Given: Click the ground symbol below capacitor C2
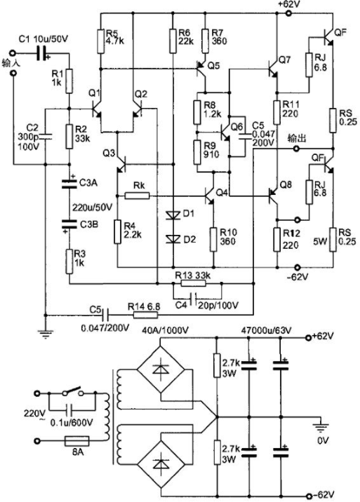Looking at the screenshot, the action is click(x=45, y=334).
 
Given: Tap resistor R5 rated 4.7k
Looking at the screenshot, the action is click(x=101, y=41).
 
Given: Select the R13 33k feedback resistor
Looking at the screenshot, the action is click(x=193, y=283).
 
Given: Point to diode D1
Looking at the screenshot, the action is click(x=173, y=215).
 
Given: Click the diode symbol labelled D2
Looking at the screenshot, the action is click(x=173, y=239).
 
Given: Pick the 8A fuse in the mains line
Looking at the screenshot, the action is click(x=77, y=441).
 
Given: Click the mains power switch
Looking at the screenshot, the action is click(x=73, y=391).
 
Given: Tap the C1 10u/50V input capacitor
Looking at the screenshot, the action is click(x=41, y=53).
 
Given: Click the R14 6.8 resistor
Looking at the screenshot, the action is click(x=145, y=316).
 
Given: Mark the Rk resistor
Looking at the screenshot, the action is click(x=137, y=196).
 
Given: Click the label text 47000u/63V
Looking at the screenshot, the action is click(x=266, y=330).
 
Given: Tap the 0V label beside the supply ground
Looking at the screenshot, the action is click(x=323, y=440).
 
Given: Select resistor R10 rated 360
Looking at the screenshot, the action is click(x=213, y=239).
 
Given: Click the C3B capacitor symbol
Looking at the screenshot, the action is click(x=69, y=224).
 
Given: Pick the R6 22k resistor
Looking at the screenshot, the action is click(x=173, y=41).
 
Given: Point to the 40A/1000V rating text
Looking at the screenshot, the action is click(x=166, y=330).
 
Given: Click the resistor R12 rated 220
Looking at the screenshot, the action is click(x=277, y=239).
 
